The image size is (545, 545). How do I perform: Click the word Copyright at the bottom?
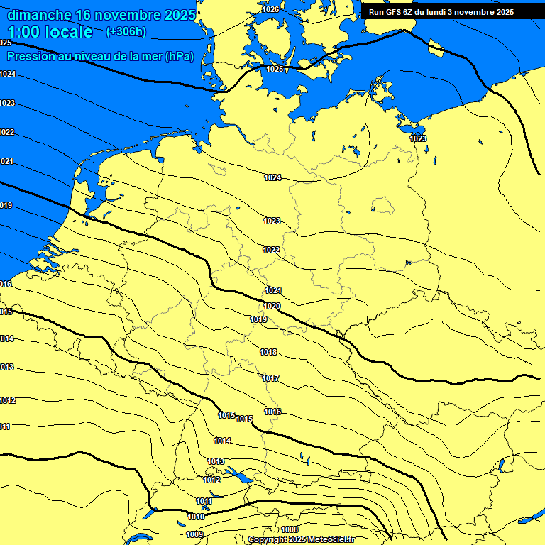click(269, 540)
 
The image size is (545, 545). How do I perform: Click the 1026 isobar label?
click(270, 9)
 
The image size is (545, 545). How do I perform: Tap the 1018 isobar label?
click(268, 353)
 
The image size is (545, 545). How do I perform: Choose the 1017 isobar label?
click(270, 378)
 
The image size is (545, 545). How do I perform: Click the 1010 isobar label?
click(196, 517)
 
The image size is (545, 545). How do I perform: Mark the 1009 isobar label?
click(194, 534)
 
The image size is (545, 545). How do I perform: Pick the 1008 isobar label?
click(290, 529)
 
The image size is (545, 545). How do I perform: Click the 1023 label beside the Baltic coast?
click(419, 138)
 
